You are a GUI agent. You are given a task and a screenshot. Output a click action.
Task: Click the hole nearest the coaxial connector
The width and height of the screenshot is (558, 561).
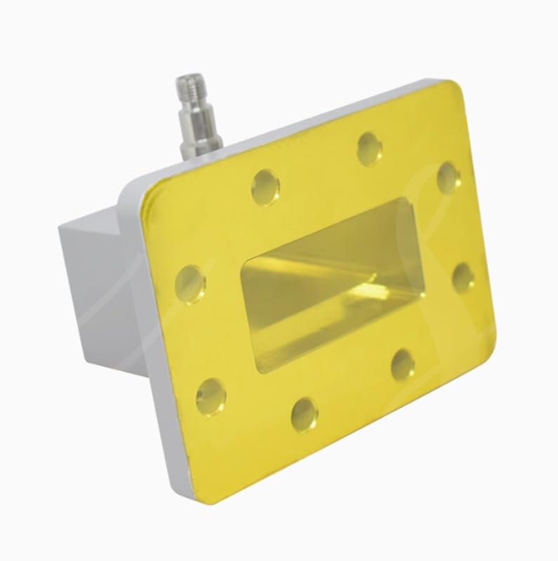tap(265, 187)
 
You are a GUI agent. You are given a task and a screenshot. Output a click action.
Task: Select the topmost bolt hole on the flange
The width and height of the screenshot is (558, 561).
tap(369, 149)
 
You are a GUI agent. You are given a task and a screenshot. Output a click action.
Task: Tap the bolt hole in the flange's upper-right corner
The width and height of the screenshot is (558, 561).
tap(449, 177)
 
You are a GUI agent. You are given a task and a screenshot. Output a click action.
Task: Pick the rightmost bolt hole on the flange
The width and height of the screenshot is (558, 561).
tap(463, 278)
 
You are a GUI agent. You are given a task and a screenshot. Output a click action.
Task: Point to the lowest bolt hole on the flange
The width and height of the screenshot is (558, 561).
tap(304, 414)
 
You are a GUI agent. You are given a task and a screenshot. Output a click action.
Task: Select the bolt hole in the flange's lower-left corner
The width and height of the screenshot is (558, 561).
tap(211, 396)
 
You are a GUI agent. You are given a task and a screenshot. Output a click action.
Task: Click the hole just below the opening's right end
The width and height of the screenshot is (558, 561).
tap(403, 364)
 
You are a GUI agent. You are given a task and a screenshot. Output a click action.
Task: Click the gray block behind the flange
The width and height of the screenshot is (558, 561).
tap(98, 280)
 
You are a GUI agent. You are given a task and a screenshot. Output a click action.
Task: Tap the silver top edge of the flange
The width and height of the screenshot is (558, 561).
tap(281, 130)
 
